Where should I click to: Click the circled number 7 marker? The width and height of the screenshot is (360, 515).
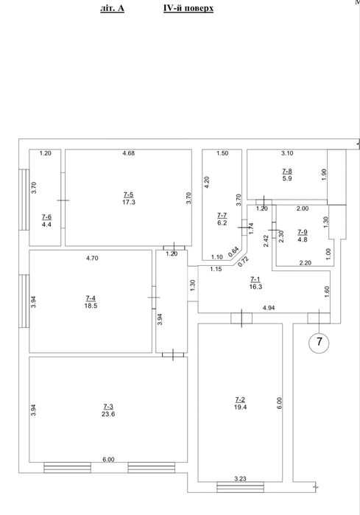(x=319, y=342)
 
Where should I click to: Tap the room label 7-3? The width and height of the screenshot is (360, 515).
(x=108, y=407)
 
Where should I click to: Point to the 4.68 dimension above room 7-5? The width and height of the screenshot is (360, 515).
(x=128, y=153)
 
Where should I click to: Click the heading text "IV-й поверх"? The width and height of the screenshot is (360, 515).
(x=188, y=9)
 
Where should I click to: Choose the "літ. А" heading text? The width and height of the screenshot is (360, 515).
(x=112, y=9)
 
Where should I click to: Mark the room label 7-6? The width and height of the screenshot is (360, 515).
(x=46, y=217)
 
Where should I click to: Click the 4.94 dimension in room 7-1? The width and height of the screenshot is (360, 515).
(x=269, y=308)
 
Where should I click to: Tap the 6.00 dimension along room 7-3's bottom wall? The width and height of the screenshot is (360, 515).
(x=108, y=460)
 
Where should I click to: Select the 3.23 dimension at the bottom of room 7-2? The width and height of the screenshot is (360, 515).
(x=240, y=479)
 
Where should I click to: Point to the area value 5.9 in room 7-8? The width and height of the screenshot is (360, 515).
(x=287, y=179)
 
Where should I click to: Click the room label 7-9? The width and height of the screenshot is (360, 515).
(x=303, y=232)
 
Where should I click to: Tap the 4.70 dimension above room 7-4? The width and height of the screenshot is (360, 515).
(x=92, y=258)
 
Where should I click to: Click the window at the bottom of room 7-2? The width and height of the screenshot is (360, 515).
(x=240, y=487)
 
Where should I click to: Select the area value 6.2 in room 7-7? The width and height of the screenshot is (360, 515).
(x=222, y=223)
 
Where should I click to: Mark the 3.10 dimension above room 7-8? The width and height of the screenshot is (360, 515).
(x=287, y=153)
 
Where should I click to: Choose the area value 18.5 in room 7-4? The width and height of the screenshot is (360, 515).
(x=91, y=306)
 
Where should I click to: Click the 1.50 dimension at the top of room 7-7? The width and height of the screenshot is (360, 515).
(x=222, y=153)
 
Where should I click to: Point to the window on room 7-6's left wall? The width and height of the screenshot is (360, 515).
(x=24, y=200)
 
